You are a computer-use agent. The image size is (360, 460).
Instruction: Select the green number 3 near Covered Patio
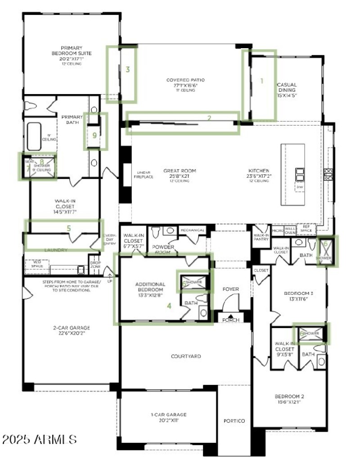pos(128,69)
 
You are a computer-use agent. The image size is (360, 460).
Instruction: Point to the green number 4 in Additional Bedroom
pos(169,306)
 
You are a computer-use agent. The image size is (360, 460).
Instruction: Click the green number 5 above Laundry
pos(68,228)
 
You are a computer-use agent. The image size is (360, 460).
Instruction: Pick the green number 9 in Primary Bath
pos(94,135)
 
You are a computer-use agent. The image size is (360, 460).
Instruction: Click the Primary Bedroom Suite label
pos(72,54)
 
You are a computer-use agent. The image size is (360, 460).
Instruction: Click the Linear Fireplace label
pos(144,175)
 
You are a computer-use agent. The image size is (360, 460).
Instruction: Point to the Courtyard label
pos(186,356)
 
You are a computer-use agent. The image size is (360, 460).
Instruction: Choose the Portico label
pos(234,421)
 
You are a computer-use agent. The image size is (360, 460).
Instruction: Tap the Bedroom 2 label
pos(289,399)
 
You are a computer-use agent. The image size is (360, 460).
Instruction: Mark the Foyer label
pos(231,289)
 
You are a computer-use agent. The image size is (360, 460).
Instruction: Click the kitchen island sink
pos(300,174)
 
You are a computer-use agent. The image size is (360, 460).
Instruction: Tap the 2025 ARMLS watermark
pos(39,439)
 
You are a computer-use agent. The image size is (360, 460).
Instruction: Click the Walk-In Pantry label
pos(261,237)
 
